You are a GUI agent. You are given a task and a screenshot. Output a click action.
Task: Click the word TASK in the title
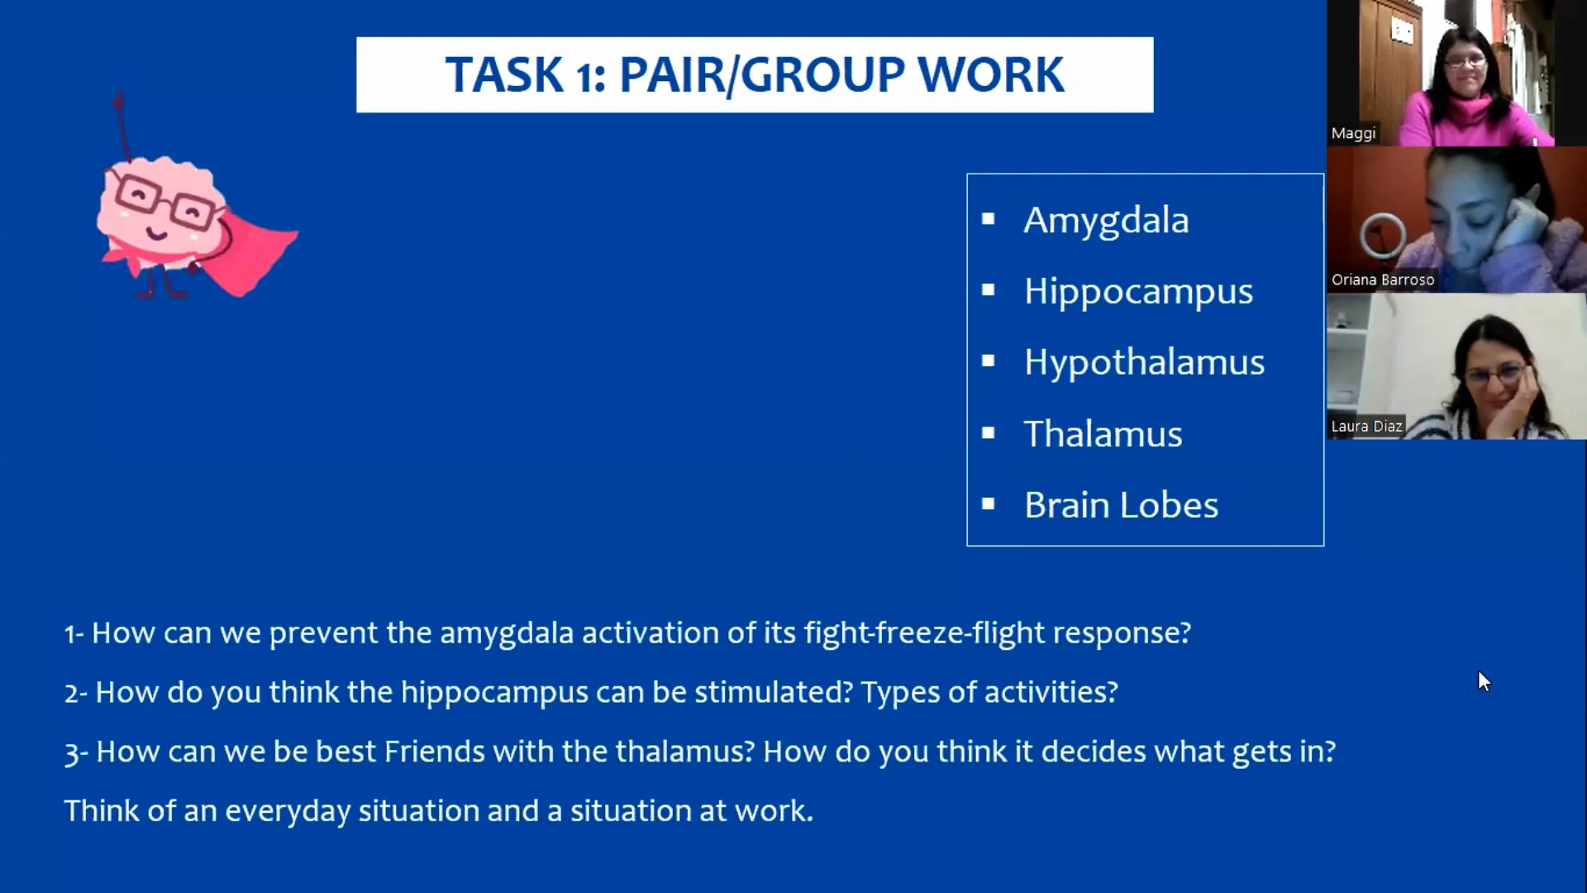pyautogui.click(x=504, y=75)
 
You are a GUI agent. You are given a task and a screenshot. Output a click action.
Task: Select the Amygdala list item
pyautogui.click(x=1106, y=221)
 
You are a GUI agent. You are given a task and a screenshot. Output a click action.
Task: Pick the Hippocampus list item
pyautogui.click(x=1138, y=292)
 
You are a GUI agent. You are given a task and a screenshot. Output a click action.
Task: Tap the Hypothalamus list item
pyautogui.click(x=1144, y=363)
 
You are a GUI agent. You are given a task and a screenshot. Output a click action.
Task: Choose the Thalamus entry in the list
pyautogui.click(x=1103, y=434)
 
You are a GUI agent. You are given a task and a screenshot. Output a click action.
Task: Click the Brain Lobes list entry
pyautogui.click(x=1121, y=505)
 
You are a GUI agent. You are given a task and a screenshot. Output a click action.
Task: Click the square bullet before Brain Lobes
pyautogui.click(x=988, y=504)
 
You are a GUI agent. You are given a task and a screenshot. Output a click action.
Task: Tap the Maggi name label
pyautogui.click(x=1353, y=134)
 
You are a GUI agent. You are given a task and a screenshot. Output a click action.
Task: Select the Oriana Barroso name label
pyautogui.click(x=1382, y=280)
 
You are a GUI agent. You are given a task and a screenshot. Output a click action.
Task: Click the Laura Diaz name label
pyautogui.click(x=1366, y=427)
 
